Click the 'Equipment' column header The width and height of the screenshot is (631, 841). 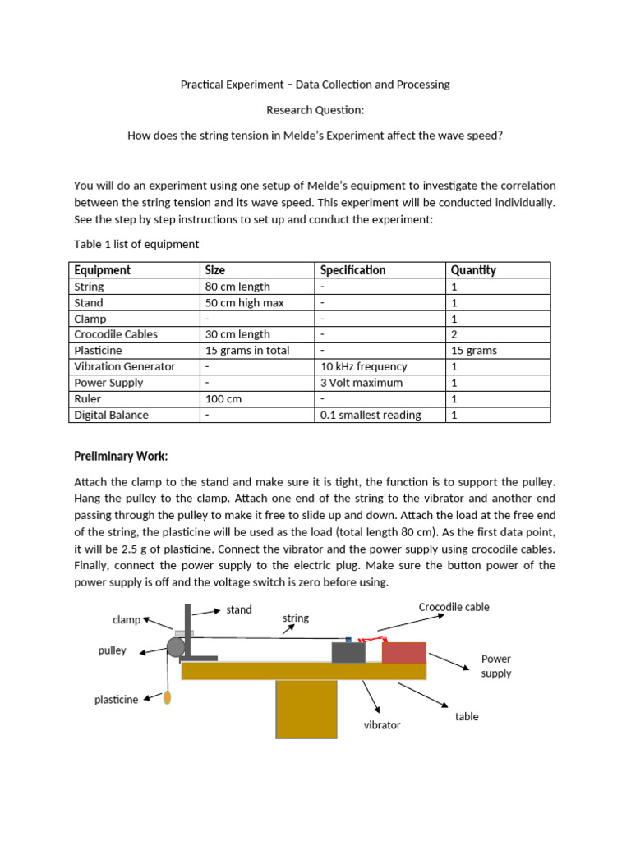pos(102,270)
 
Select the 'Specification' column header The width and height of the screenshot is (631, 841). pos(352,270)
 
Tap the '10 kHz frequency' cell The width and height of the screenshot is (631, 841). pos(363,366)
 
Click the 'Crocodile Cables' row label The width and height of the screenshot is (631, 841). pos(115,334)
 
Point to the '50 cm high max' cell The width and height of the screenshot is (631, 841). pos(244,302)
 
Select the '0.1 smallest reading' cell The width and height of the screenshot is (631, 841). pos(371,415)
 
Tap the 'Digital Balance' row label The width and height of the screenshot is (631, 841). pos(111,415)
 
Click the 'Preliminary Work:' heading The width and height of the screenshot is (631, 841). pos(121,456)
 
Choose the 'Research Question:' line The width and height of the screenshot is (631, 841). pos(315,109)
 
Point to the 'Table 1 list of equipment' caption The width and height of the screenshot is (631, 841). pos(136,244)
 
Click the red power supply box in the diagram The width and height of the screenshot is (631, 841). pos(403,653)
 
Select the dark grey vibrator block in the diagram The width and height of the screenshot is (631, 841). pos(348,653)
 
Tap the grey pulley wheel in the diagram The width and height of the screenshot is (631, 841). pos(177,647)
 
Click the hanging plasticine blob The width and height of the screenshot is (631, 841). pos(168,698)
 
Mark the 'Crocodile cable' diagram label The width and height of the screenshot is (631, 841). pos(454,607)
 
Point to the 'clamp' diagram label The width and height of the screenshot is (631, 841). pos(127,619)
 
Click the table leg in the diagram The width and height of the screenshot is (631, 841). pos(306,709)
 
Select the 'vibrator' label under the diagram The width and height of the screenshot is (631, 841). pos(382,725)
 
